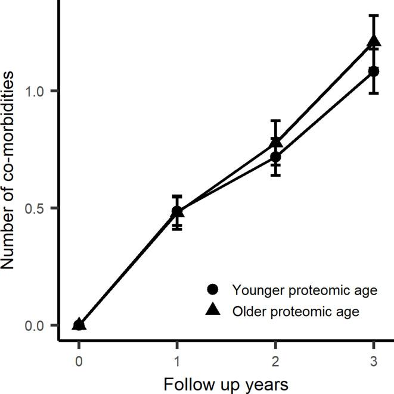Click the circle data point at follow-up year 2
pos(275,157)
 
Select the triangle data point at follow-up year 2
pos(275,143)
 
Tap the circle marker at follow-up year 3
pos(374,71)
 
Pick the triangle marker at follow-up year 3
pos(374,41)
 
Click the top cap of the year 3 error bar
pos(374,15)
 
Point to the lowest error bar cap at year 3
pos(374,93)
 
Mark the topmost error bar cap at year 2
pos(275,120)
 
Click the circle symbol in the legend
pos(213,290)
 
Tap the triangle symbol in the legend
pos(213,310)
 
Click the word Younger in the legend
pos(255,290)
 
